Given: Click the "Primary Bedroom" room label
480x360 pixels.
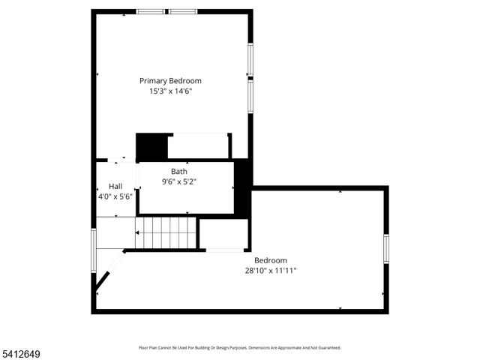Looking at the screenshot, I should pos(170,81).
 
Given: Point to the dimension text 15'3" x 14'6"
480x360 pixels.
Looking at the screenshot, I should pos(170,91).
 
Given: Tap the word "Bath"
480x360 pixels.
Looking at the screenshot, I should pos(179,172).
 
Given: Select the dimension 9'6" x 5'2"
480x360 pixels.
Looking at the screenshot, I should pos(179,181).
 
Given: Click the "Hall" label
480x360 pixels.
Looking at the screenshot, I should pos(115,186).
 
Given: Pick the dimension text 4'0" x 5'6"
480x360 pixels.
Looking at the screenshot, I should pos(115,196).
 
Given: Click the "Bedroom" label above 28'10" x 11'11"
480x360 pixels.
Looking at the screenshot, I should pos(270,260).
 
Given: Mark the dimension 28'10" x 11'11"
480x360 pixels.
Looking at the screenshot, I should pos(270,271).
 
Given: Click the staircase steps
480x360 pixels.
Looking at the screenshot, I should pos(166,232).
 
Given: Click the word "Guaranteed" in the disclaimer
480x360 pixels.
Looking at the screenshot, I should pos(328,348).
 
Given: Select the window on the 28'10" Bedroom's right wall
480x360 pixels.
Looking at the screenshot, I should pos(386,248).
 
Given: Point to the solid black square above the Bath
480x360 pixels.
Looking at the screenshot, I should pos(151,145).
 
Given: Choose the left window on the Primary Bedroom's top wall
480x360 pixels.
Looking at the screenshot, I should pos(151,11).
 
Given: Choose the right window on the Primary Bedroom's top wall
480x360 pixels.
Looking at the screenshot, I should pos(183,11).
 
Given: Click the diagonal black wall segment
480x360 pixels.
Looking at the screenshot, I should pos(101,281).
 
